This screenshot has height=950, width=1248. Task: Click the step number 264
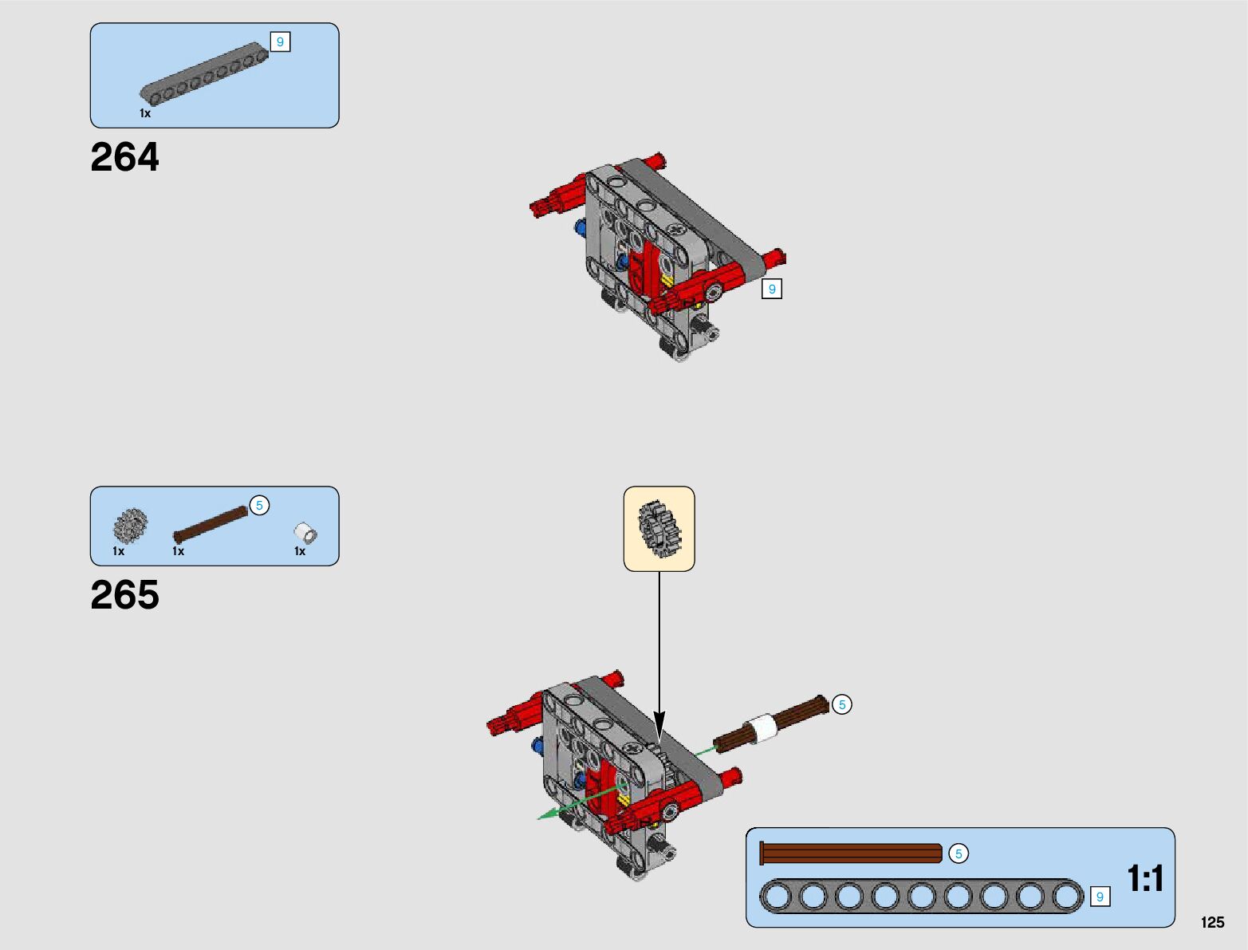pyautogui.click(x=124, y=157)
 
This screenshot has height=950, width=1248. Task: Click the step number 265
pyautogui.click(x=124, y=595)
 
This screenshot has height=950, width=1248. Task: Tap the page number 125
pyautogui.click(x=1212, y=922)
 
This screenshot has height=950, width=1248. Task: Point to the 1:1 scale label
pyautogui.click(x=1145, y=878)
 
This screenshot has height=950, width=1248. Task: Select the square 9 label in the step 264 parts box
pyautogui.click(x=280, y=41)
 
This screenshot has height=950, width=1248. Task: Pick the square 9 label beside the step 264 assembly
pyautogui.click(x=771, y=289)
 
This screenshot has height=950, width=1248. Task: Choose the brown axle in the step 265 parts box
pyautogui.click(x=211, y=524)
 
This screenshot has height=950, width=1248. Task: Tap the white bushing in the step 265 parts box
pyautogui.click(x=305, y=532)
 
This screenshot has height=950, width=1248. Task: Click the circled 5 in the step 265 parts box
pyautogui.click(x=259, y=506)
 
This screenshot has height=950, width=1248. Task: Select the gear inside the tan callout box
pyautogui.click(x=658, y=528)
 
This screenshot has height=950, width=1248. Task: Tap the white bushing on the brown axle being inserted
pyautogui.click(x=762, y=729)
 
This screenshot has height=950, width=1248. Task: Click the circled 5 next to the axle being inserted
pyautogui.click(x=842, y=704)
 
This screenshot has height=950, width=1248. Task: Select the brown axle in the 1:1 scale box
pyautogui.click(x=851, y=853)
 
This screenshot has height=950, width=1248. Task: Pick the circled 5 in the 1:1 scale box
pyautogui.click(x=959, y=853)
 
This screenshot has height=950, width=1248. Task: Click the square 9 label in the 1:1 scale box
pyautogui.click(x=1100, y=897)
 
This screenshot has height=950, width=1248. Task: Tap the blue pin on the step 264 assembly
pyautogui.click(x=581, y=228)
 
